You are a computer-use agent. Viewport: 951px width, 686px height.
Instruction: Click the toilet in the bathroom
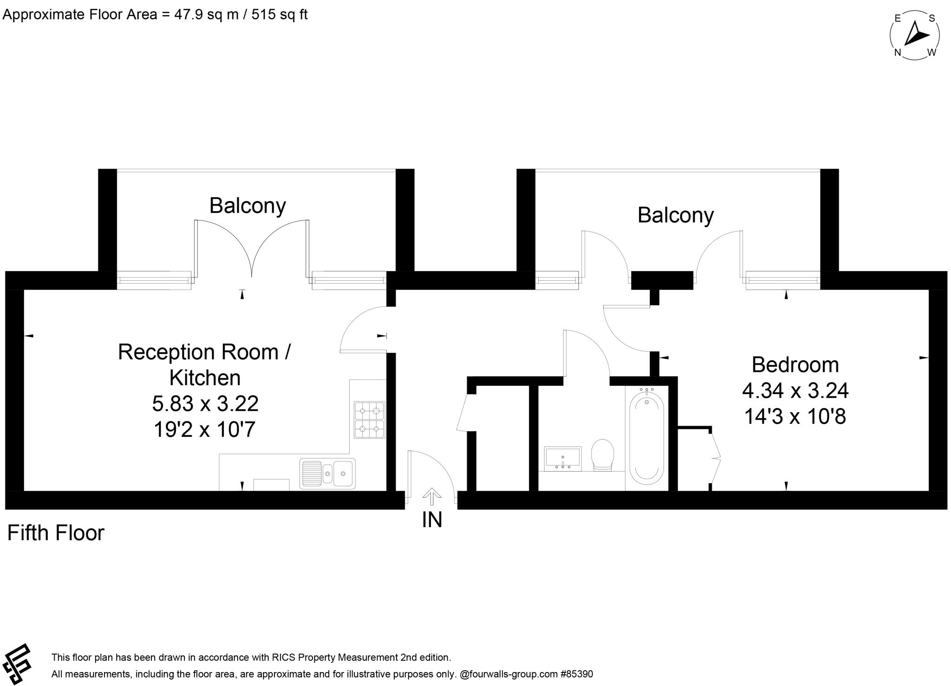(x=603, y=455)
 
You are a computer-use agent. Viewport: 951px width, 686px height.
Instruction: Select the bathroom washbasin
(x=562, y=459)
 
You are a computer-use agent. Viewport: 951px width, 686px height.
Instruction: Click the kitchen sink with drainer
(x=327, y=473)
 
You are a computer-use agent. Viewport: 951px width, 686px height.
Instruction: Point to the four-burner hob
(x=370, y=420)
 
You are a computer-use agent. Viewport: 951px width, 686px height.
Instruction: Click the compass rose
(x=914, y=35)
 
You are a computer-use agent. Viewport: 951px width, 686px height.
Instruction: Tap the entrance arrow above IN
(x=432, y=496)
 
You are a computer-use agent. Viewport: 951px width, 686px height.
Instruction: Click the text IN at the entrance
(x=432, y=520)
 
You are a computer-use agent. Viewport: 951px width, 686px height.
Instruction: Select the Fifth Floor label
(x=56, y=533)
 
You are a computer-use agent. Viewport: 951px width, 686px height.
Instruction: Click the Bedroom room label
(x=795, y=365)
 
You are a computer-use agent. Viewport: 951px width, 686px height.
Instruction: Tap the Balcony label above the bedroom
(x=675, y=215)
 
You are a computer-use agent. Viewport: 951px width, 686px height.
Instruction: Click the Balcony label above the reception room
(x=248, y=206)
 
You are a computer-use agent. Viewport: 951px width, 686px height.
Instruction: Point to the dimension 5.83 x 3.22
(x=205, y=403)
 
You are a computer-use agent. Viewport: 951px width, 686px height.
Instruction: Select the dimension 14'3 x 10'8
(x=795, y=416)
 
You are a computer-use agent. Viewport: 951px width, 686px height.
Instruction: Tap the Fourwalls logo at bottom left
(x=17, y=664)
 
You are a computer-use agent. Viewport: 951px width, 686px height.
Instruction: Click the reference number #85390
(x=576, y=674)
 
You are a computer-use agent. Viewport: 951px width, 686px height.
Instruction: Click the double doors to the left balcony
(x=252, y=251)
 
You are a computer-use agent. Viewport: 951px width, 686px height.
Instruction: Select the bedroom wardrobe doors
(x=715, y=457)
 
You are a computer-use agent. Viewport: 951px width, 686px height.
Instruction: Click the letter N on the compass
(x=898, y=52)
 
